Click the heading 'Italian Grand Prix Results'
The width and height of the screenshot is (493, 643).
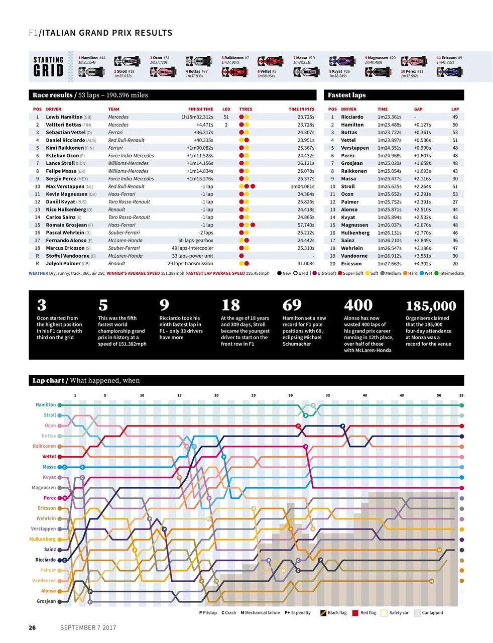tap(106, 33)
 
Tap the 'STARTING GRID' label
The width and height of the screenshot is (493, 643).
tap(48, 66)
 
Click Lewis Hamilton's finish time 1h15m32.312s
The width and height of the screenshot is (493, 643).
tap(197, 117)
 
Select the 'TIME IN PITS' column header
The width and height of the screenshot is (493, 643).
tap(301, 109)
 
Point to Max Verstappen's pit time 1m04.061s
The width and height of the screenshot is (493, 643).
tap(302, 186)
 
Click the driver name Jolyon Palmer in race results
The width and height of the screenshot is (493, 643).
tap(62, 264)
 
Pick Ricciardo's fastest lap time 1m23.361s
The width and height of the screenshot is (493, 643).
tap(390, 117)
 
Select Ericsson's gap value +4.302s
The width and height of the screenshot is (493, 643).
tap(422, 264)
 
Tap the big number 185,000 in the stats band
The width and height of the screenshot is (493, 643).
tap(430, 306)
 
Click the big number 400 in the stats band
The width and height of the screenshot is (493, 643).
tap(358, 305)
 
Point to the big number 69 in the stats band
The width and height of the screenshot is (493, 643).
tap(292, 305)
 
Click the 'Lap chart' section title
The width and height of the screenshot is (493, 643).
tap(48, 381)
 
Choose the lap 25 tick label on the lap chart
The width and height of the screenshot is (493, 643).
tap(254, 395)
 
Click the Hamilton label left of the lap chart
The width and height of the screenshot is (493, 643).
tap(46, 405)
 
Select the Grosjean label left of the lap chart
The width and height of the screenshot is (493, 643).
tap(46, 601)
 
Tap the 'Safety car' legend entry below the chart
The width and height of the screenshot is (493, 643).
tap(399, 613)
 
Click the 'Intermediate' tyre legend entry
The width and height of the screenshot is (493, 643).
tap(451, 274)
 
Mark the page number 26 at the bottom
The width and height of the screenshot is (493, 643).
tap(32, 628)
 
